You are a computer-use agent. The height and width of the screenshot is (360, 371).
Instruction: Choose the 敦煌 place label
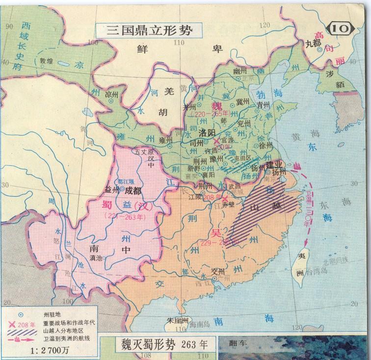pyautogui.click(x=47, y=62)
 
